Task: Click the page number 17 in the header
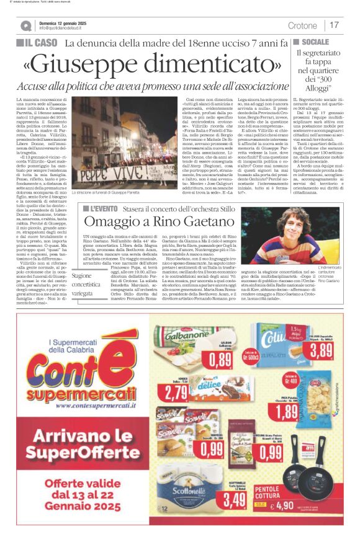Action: (x=335, y=25)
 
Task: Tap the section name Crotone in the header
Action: (x=302, y=25)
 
